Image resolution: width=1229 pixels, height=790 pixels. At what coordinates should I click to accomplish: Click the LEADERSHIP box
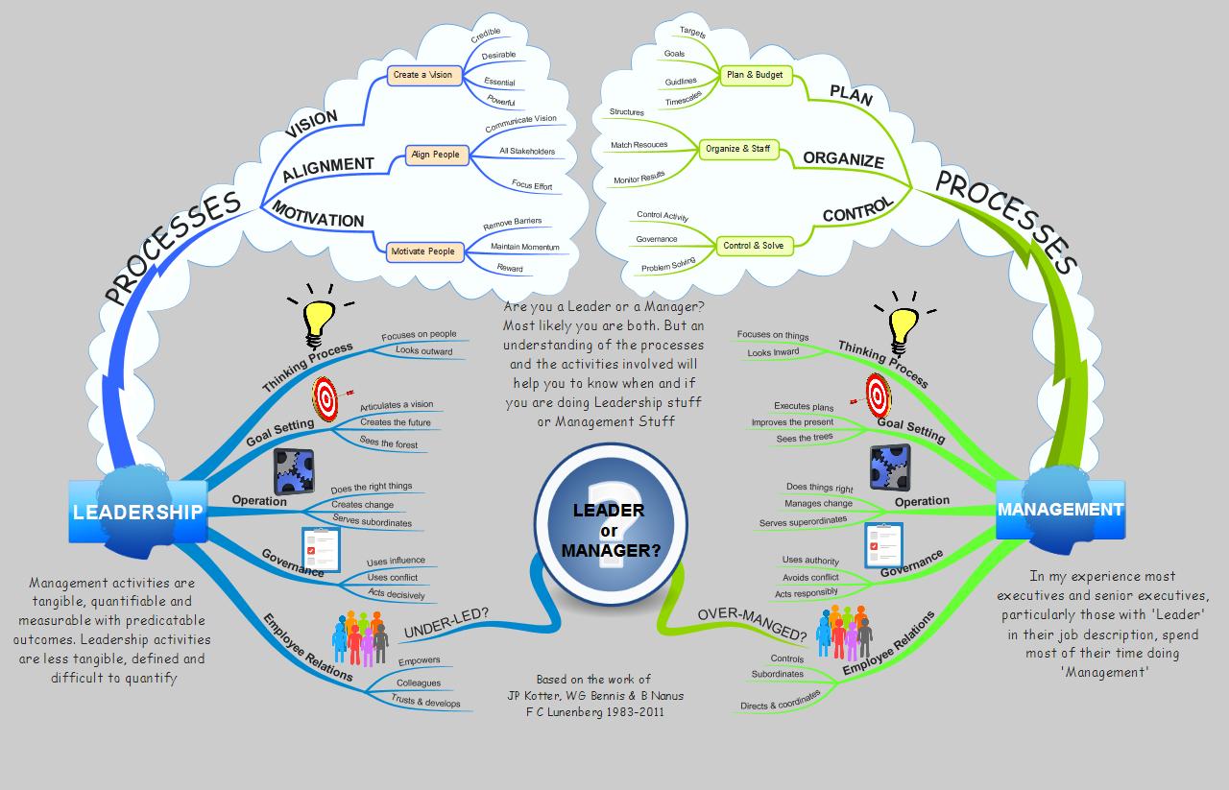click(x=137, y=512)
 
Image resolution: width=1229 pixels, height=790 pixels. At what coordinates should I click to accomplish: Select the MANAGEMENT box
click(x=1060, y=510)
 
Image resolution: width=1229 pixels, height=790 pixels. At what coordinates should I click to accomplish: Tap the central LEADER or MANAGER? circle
click(x=611, y=523)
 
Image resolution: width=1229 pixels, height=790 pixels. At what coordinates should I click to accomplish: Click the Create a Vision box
click(x=424, y=75)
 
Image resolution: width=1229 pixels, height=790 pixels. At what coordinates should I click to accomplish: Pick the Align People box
click(x=437, y=155)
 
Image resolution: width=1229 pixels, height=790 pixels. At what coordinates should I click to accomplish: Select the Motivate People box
click(x=424, y=251)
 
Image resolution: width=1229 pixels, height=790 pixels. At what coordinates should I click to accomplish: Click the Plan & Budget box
click(x=755, y=75)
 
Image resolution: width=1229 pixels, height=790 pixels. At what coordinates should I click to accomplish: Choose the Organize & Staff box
click(x=738, y=149)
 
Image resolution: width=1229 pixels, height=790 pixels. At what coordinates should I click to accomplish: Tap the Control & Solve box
click(x=754, y=246)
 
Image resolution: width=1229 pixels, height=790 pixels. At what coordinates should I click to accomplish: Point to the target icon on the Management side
click(x=875, y=396)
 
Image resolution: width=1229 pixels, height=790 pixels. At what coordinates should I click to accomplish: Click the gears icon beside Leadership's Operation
click(x=294, y=471)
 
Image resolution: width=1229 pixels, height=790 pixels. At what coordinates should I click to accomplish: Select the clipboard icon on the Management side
click(x=883, y=545)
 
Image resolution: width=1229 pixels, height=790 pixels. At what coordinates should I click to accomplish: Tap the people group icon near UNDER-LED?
click(x=360, y=638)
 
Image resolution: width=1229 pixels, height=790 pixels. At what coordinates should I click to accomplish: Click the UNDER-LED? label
click(x=446, y=623)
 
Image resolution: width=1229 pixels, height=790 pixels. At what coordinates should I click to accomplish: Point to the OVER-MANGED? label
click(x=752, y=624)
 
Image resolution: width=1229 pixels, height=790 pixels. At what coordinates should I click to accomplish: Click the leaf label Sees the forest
click(x=389, y=443)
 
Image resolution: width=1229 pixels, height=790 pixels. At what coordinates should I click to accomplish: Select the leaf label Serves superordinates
click(x=803, y=521)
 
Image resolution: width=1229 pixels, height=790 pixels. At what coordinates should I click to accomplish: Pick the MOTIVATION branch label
click(x=318, y=215)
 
